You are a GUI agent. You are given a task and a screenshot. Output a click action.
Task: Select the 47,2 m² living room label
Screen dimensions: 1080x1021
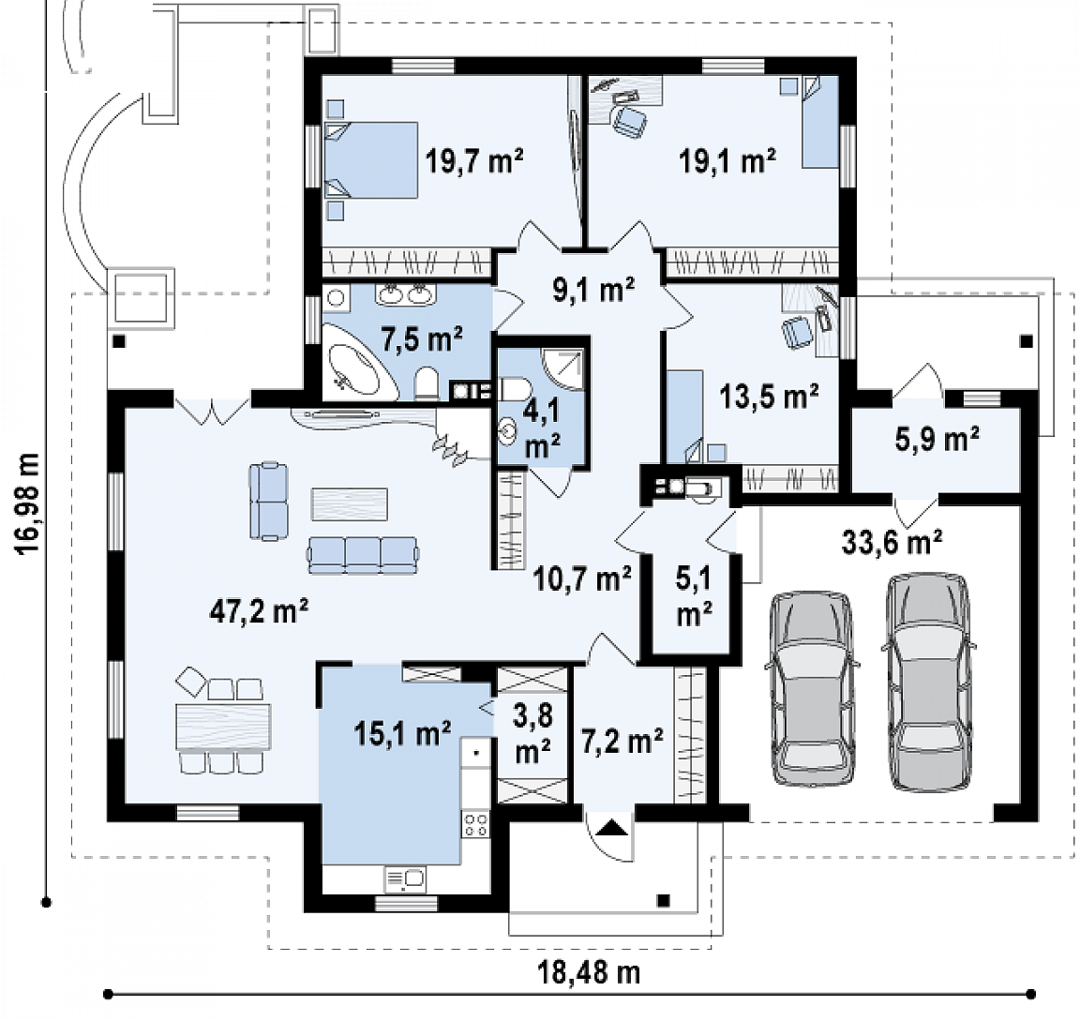tap(259, 611)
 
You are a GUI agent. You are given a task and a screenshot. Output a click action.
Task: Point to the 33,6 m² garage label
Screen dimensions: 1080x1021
tap(892, 542)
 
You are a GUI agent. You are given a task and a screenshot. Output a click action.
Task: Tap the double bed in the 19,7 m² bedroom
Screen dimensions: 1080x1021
tap(371, 160)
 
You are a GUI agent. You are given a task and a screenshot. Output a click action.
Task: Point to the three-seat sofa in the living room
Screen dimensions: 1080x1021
tap(363, 555)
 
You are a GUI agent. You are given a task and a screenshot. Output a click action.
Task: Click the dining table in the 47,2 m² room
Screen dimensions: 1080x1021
tap(223, 726)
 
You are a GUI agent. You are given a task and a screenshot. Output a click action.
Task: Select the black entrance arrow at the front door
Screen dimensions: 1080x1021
tap(613, 826)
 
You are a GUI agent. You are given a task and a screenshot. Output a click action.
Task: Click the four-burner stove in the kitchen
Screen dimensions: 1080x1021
tap(475, 823)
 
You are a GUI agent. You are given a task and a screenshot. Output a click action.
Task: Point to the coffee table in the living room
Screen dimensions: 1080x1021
tap(349, 503)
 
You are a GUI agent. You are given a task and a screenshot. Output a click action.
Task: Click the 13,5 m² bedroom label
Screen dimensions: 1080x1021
tap(769, 397)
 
